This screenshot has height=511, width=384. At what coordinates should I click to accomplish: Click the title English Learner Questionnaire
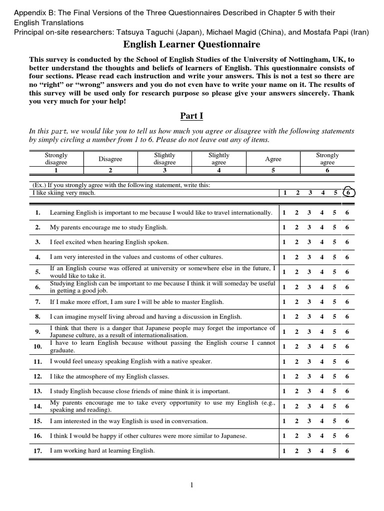pos(192,44)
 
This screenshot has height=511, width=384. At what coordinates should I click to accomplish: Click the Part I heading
pos(192,116)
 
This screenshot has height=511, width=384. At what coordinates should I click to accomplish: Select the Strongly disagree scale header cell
pos(56,159)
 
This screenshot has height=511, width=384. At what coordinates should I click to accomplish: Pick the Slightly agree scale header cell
pos(218,159)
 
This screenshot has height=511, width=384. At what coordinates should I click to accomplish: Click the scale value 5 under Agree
pos(273,170)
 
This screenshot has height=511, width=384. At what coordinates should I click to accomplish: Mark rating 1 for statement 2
pos(284,228)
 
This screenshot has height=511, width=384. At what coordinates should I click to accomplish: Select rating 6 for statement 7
pos(347,302)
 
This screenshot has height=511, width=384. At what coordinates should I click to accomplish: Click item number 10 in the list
pos(37,346)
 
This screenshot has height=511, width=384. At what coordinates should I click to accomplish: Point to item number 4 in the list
pos(37,257)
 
